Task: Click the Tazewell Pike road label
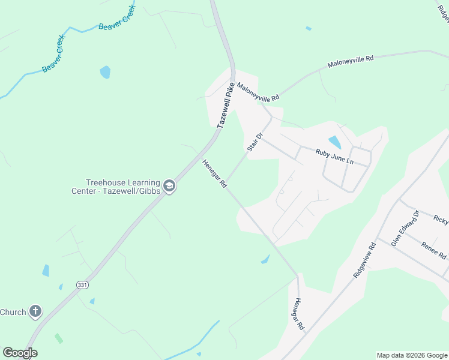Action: (x=224, y=106)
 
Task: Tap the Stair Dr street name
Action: (x=255, y=142)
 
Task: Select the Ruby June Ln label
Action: (x=334, y=157)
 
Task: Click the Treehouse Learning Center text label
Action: (x=122, y=187)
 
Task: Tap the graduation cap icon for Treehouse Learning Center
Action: (x=169, y=187)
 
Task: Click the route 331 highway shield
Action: (x=82, y=285)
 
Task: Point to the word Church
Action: (x=13, y=312)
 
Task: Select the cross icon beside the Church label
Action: (x=35, y=311)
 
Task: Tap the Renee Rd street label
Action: (x=433, y=251)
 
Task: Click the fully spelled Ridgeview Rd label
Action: (x=364, y=259)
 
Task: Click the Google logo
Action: (x=20, y=353)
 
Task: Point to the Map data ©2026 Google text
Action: (x=412, y=355)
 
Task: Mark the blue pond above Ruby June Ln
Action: (x=334, y=142)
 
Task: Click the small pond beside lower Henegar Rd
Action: (x=265, y=259)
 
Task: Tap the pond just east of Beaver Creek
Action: (x=105, y=72)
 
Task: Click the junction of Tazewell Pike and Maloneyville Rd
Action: (x=233, y=79)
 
